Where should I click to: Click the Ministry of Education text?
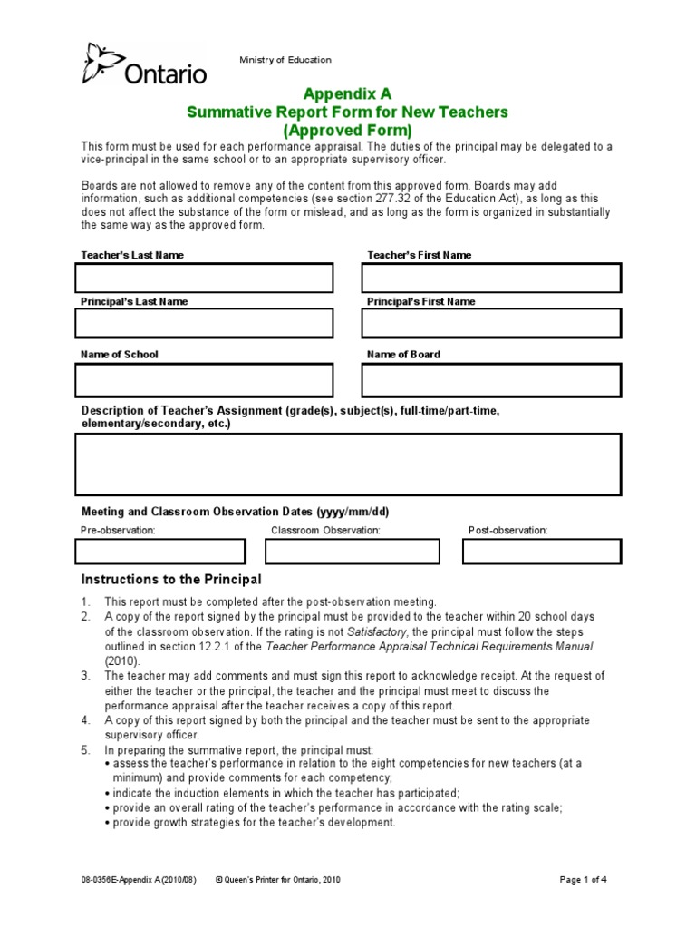tap(285, 60)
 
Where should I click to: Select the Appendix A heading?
tap(347, 93)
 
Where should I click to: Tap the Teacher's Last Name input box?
tap(204, 279)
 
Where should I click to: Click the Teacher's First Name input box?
tap(491, 279)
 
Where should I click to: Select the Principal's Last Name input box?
tap(204, 323)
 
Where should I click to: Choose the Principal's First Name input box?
tap(491, 323)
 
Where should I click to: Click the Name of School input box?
tap(204, 380)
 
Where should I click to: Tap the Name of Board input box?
tap(491, 380)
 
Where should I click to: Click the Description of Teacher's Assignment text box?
tap(348, 464)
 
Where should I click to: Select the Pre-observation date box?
tap(160, 552)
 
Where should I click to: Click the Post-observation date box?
tap(544, 552)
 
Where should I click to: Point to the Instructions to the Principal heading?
tap(171, 580)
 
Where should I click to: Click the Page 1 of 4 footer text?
tap(586, 880)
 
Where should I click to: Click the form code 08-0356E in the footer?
tap(102, 880)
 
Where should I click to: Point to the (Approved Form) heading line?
tap(347, 130)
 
